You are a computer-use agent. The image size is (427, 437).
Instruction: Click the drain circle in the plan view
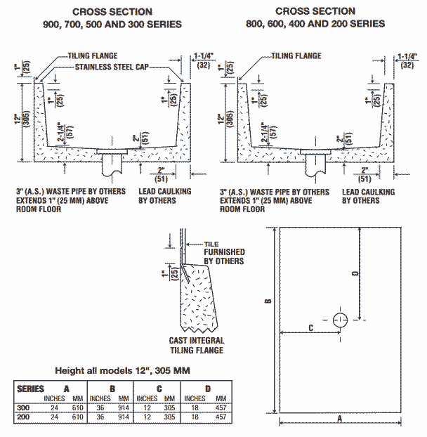341,320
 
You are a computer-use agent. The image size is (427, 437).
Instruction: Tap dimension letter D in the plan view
355,272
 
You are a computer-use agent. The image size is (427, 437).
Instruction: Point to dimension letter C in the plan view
310,326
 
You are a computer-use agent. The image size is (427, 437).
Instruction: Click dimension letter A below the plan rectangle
339,417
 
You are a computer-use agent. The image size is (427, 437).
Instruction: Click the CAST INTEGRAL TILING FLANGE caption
196,345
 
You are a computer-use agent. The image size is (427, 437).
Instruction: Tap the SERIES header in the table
30,389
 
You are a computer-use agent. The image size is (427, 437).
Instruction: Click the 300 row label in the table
24,407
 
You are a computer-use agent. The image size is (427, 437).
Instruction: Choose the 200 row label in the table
24,417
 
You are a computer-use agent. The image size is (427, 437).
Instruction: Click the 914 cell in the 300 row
123,407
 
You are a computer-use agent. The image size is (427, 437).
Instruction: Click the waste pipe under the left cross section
112,167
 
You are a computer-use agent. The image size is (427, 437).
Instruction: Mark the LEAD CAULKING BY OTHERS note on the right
368,195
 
